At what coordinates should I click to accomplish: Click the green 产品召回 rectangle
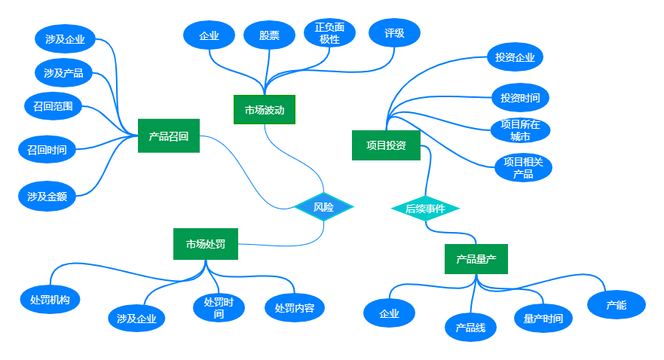tap(168, 136)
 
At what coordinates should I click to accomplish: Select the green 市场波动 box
tap(264, 110)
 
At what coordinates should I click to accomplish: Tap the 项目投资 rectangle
tap(386, 145)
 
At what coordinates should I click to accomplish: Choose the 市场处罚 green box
tap(206, 244)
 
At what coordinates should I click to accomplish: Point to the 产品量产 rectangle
tap(476, 259)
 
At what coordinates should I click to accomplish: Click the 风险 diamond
tap(323, 207)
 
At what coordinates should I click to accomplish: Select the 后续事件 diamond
tap(425, 209)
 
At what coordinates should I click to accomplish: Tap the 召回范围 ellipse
tap(53, 106)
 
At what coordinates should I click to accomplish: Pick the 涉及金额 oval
tap(47, 197)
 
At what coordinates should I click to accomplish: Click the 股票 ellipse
tap(269, 35)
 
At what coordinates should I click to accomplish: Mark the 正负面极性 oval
tap(329, 34)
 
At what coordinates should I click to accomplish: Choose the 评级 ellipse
tap(394, 33)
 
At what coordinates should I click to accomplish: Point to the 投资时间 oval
tap(520, 98)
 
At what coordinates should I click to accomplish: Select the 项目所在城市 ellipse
tap(520, 130)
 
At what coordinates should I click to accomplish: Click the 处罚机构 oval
tap(50, 299)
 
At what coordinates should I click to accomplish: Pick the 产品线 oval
tap(470, 328)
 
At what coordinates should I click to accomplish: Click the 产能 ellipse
tap(617, 305)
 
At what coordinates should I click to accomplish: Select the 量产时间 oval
tap(543, 319)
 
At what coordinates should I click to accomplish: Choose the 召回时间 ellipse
tap(47, 149)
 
